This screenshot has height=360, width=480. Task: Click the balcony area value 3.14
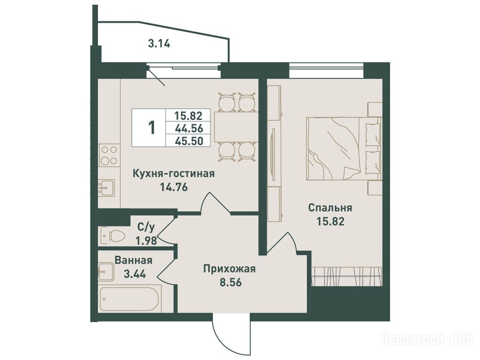pos(159,44)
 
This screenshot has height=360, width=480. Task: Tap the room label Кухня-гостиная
pos(173,173)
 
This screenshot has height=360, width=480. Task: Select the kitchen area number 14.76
pos(173,187)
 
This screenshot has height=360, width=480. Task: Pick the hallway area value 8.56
pos(231,282)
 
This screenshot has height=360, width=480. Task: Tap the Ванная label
pos(133,260)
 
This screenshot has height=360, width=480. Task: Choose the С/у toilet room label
pos(146,227)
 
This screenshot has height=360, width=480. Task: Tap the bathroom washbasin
pos(106,271)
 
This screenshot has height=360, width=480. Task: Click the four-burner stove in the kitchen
pos(109,155)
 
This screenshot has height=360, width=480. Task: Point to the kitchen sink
pos(106,187)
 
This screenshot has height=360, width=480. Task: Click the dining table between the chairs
pos(236,127)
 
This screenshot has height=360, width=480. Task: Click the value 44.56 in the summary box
pos(188,128)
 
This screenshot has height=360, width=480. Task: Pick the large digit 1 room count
pos(151,128)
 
